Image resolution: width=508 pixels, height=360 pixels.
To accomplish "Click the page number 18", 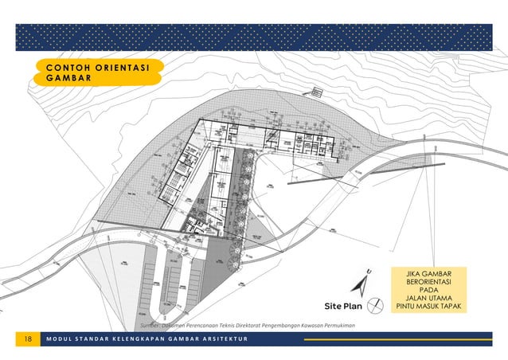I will (29, 339).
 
